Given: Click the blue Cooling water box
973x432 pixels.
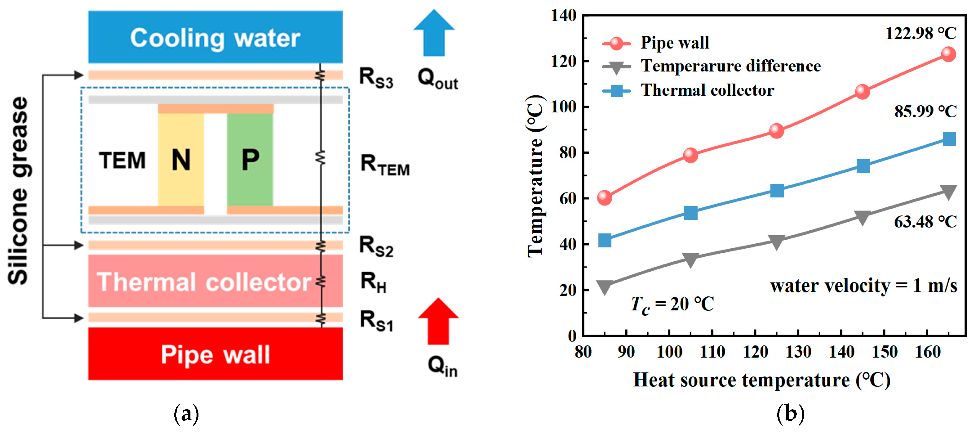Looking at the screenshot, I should (215, 37).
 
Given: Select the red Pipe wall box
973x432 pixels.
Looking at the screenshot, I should (215, 354).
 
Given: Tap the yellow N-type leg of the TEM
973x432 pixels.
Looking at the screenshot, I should (181, 160).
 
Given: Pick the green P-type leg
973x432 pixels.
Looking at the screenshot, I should (250, 160).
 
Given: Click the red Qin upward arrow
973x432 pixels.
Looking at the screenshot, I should (438, 321).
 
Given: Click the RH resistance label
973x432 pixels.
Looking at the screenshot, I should (373, 283).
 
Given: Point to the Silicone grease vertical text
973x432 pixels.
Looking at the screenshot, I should (18, 191).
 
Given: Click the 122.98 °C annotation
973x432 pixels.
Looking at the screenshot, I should (921, 34).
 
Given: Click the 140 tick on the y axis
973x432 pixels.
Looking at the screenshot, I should (563, 16).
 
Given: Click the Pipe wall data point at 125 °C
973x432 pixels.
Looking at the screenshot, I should (776, 131).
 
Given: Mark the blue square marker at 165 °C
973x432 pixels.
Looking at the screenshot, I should (949, 139).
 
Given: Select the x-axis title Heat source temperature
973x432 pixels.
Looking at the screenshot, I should (761, 380).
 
